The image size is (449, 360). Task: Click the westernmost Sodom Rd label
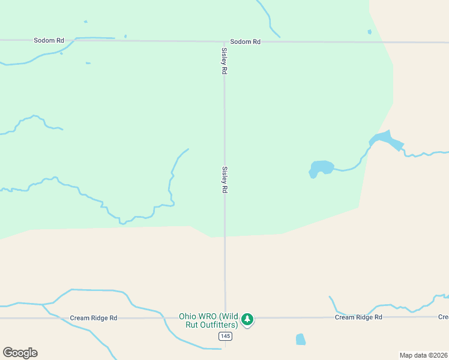tap(49, 40)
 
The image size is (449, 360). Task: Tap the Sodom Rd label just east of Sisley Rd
tap(246, 41)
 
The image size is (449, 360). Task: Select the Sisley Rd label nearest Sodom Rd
tap(224, 61)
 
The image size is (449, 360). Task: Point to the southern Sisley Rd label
tap(225, 179)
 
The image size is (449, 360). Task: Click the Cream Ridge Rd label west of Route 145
tap(93, 318)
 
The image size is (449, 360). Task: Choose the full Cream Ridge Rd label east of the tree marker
tap(358, 317)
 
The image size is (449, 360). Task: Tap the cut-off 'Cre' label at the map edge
tap(443, 317)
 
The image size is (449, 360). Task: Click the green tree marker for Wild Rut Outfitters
tap(247, 319)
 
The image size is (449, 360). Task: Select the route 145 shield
tap(225, 337)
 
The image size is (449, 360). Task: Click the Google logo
tap(20, 353)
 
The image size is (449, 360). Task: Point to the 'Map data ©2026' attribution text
tap(423, 355)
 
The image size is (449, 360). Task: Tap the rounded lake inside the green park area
tap(321, 168)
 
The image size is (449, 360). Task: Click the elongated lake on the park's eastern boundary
tap(387, 141)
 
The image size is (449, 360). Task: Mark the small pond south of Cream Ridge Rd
tap(301, 339)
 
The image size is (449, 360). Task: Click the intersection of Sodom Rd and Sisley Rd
tap(224, 41)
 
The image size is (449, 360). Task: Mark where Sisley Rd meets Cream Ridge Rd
tap(226, 318)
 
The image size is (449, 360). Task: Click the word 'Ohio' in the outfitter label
tap(188, 316)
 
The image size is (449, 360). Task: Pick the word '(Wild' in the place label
tap(229, 316)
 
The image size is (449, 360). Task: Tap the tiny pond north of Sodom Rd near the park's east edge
tap(369, 32)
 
